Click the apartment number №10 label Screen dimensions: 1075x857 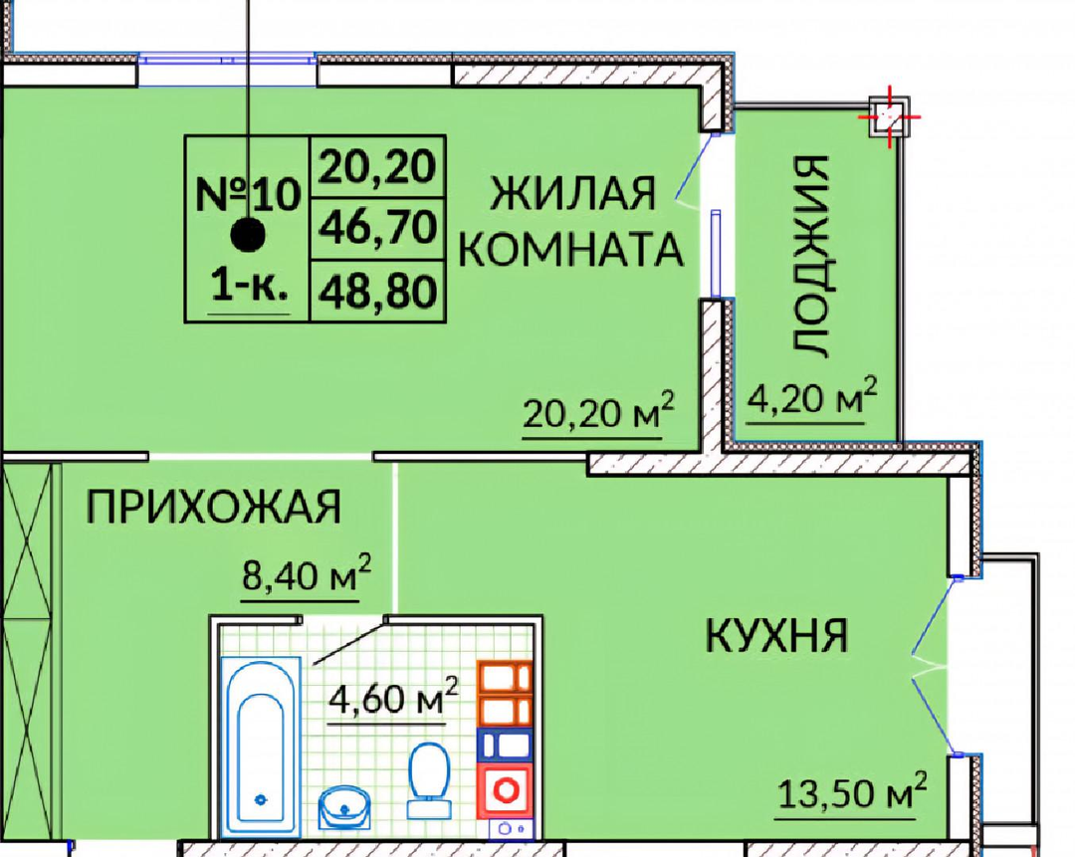point(248,194)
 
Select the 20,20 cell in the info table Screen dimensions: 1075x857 point(378,166)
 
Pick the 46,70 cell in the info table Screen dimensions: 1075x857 point(378,228)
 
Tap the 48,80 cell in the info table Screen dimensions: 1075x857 point(378,291)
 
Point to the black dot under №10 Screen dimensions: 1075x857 point(248,235)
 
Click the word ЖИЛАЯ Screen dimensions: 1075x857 point(573,193)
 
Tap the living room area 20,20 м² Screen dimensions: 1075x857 point(598,412)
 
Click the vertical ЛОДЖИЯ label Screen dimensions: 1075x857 point(812,256)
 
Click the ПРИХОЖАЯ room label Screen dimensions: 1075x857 point(213,507)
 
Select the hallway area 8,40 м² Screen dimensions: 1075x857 point(307,574)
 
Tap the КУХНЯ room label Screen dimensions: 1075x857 point(776,635)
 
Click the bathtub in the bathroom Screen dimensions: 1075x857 point(261,745)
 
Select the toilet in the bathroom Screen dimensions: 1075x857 point(429,781)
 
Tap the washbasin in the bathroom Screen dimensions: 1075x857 point(344,809)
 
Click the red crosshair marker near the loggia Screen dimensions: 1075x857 point(889,117)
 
